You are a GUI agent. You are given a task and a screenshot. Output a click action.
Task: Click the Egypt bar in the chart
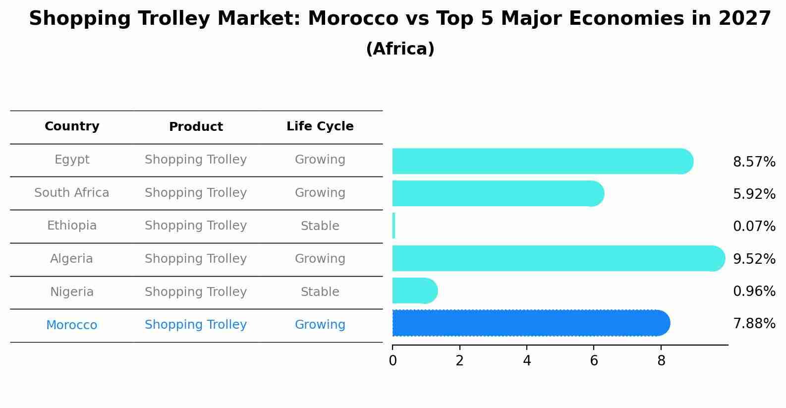[540, 161]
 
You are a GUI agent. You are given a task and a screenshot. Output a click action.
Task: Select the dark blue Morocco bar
[530, 323]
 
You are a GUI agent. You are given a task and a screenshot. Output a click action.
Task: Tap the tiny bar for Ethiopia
[394, 226]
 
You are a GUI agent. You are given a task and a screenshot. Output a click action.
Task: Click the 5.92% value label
[754, 194]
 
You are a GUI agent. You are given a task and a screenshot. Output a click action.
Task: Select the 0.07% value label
[754, 227]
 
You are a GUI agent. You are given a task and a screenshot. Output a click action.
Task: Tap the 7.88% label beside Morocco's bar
[754, 324]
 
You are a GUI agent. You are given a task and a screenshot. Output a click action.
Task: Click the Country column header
[72, 126]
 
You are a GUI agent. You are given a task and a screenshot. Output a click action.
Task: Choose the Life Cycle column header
[320, 126]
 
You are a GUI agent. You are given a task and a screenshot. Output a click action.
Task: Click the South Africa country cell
[72, 193]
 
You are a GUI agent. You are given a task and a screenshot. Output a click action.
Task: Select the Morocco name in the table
[72, 325]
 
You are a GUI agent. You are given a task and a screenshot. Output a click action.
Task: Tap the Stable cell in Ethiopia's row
[320, 226]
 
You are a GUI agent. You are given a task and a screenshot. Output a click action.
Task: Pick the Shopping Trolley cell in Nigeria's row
[196, 292]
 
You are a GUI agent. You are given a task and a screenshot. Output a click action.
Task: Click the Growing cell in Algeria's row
[320, 259]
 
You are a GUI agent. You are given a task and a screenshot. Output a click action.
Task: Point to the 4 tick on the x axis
[527, 361]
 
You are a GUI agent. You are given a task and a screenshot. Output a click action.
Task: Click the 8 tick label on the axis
[661, 361]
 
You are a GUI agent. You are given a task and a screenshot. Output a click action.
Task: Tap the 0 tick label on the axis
[393, 361]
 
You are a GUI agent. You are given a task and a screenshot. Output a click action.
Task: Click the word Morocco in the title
[353, 19]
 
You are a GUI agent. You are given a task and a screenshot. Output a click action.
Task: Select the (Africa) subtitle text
[400, 49]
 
